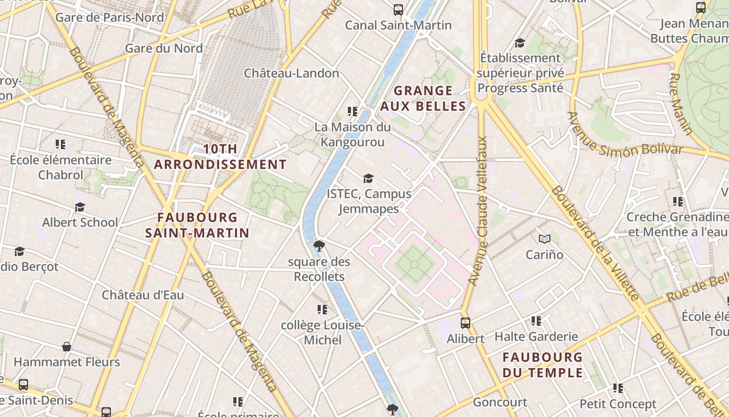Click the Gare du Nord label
pyautogui.click(x=164, y=48)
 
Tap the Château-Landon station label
pyautogui.click(x=292, y=73)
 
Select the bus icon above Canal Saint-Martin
pyautogui.click(x=398, y=9)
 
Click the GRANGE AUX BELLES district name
pyautogui.click(x=423, y=99)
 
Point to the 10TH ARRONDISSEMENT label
pyautogui.click(x=220, y=157)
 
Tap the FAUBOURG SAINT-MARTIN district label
pyautogui.click(x=197, y=225)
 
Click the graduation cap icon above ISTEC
pyautogui.click(x=369, y=179)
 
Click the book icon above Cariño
pyautogui.click(x=545, y=239)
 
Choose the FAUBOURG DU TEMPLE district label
pyautogui.click(x=543, y=365)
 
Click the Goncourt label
pyautogui.click(x=500, y=402)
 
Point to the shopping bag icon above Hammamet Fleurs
pyautogui.click(x=67, y=347)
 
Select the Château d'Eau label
pyautogui.click(x=143, y=295)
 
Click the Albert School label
pyautogui.click(x=80, y=223)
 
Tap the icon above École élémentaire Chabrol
pyautogui.click(x=60, y=144)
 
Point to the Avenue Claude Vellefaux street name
pyautogui.click(x=478, y=211)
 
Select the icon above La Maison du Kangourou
pyautogui.click(x=353, y=112)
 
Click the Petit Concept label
pyautogui.click(x=618, y=404)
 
